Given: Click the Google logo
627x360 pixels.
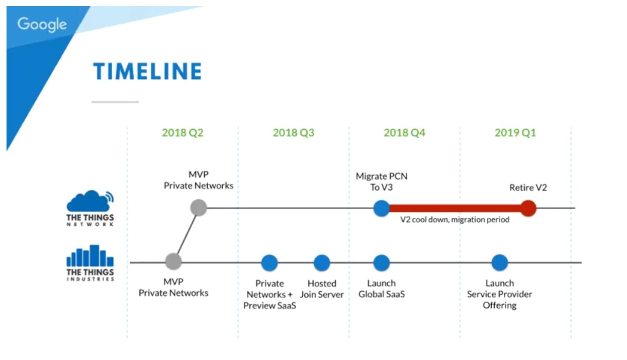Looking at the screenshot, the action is click(42, 25).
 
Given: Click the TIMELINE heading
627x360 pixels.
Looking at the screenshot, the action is click(147, 71).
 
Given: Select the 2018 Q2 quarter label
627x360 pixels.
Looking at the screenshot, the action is click(183, 133).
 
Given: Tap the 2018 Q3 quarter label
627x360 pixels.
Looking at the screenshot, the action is click(294, 133).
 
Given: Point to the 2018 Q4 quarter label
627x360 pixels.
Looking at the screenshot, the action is click(404, 133).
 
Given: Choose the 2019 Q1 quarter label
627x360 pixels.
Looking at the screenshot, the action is click(515, 133).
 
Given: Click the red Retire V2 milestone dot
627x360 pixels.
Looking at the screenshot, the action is click(528, 208).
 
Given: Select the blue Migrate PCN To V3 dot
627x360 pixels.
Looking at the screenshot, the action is click(382, 208).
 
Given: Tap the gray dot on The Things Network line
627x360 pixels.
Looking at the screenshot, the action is click(199, 208).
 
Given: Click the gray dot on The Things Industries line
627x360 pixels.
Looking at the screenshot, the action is click(173, 261).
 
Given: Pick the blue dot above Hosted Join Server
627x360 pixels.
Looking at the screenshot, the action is click(322, 263).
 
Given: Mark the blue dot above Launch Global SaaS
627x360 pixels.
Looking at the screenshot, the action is click(382, 263).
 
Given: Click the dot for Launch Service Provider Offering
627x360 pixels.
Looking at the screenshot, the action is click(500, 263).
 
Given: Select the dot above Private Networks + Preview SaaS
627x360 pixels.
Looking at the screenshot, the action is click(270, 263).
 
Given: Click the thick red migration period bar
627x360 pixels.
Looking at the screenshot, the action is click(455, 208).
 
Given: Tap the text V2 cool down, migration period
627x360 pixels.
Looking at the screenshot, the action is click(455, 220).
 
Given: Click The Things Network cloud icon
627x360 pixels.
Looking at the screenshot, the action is click(90, 201).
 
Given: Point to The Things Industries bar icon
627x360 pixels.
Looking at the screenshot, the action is click(90, 255).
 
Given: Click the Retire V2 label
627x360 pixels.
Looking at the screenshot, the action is click(528, 188).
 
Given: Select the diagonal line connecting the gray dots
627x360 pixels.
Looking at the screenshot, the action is click(187, 235).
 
